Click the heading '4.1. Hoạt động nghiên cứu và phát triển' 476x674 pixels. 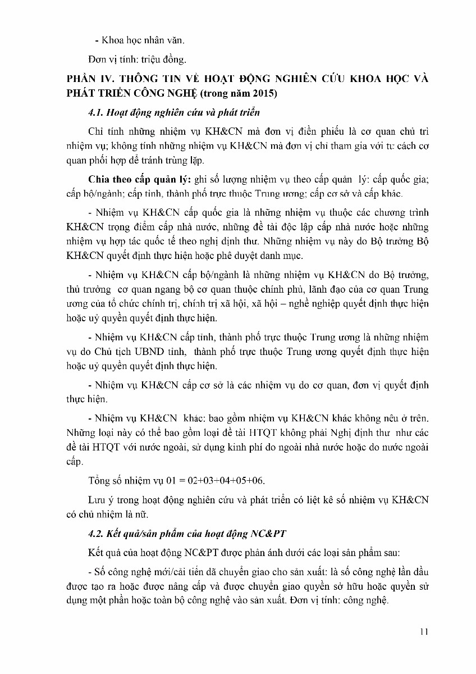tap(174, 112)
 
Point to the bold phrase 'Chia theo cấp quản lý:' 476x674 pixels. tap(140, 179)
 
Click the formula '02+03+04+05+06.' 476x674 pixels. tap(229, 481)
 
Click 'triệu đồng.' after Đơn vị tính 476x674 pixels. tap(169, 58)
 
